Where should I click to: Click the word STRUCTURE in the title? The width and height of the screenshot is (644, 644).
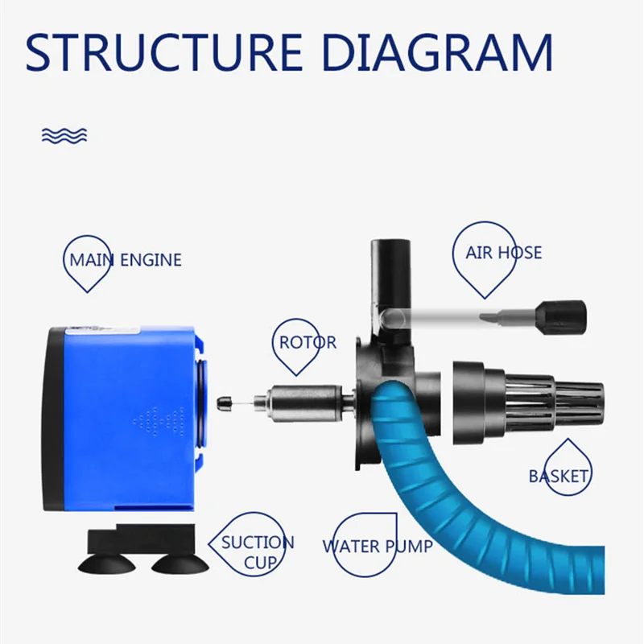coord(164,52)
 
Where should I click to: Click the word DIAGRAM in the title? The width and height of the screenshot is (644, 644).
coord(438,52)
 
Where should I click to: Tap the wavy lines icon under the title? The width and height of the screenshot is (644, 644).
coord(64,135)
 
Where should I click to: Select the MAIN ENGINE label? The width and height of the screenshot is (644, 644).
coord(126,260)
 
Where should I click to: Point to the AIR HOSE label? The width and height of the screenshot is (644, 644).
coord(504,253)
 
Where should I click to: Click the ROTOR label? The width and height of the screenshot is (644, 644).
coord(308,342)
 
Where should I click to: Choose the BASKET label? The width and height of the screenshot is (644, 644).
coord(559,477)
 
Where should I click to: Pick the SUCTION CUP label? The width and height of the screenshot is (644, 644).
coord(258,553)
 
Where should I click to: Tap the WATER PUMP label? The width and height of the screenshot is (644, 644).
coord(378,547)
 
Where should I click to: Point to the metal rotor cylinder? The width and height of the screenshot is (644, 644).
coord(304,403)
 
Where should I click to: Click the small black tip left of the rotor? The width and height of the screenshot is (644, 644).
coord(225,403)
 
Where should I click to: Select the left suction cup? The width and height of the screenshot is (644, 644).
coord(107,564)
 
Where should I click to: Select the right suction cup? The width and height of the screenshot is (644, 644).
coord(180,564)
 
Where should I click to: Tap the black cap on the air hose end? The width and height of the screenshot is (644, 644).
coord(561,318)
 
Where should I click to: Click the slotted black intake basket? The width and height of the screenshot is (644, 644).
coord(528,403)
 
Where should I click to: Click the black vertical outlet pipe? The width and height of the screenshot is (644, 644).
coord(390,287)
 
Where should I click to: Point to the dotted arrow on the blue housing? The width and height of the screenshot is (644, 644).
coord(158,421)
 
